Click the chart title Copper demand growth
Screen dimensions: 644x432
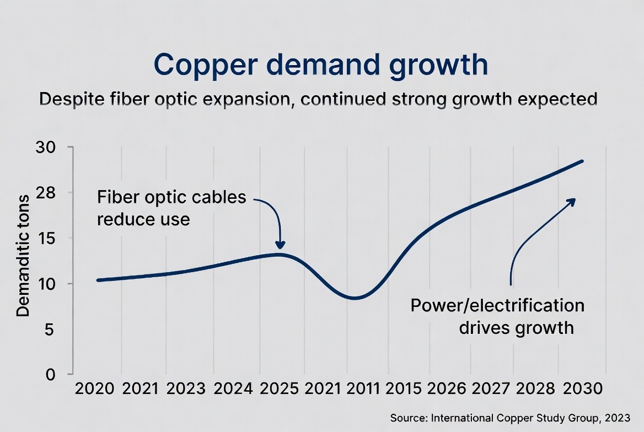tap(321, 65)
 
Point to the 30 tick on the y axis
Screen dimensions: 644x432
tap(45, 147)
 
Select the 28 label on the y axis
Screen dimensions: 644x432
tap(45, 193)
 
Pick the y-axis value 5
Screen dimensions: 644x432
tap(49, 330)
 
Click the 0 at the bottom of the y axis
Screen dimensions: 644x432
tap(50, 375)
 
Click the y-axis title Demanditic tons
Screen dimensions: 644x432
tap(23, 256)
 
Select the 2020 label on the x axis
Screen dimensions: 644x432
tap(94, 388)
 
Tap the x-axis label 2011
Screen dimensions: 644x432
tap(363, 388)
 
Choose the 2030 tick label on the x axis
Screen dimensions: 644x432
tap(582, 388)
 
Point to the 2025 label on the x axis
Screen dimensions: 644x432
tap(280, 388)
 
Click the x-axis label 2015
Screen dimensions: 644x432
tap(403, 388)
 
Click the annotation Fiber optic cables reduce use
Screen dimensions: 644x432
tap(171, 208)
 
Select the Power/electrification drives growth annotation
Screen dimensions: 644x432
tap(497, 317)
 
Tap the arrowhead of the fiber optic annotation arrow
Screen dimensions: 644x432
tap(280, 246)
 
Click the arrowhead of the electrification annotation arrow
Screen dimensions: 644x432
tap(572, 201)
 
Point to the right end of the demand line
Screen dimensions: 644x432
tap(582, 161)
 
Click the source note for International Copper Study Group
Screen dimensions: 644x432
tap(510, 418)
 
